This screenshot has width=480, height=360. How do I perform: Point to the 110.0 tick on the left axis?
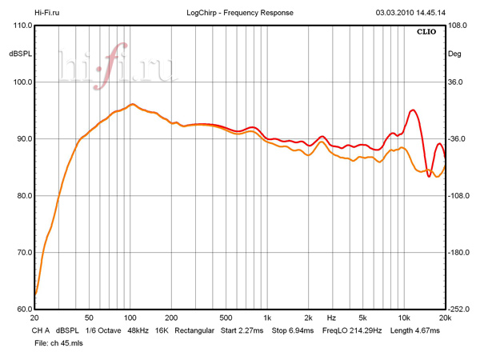point(20,26)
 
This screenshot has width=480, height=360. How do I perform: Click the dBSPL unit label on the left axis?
point(19,54)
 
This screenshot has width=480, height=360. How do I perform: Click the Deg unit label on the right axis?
point(454,54)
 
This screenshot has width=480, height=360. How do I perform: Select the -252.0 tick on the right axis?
point(459,310)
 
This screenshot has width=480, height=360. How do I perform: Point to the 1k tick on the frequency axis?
point(268,318)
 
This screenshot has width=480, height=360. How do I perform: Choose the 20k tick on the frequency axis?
point(444,318)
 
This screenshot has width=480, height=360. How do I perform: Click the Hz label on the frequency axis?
point(330,318)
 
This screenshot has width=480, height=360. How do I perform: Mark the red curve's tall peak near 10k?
point(413,110)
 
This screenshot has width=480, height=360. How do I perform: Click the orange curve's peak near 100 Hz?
point(132,104)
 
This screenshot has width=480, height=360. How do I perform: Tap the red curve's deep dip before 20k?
point(430,176)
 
